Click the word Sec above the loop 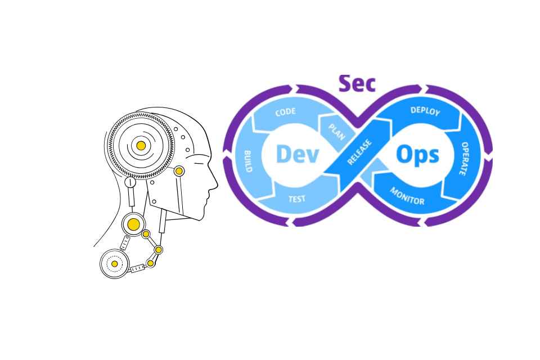pyautogui.click(x=357, y=83)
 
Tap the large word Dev pyautogui.click(x=298, y=154)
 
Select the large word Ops pyautogui.click(x=417, y=154)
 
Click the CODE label pyautogui.click(x=285, y=112)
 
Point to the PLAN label pyautogui.click(x=336, y=130)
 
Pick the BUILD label pyautogui.click(x=247, y=161)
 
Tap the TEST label pyautogui.click(x=297, y=199)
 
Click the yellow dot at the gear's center pyautogui.click(x=141, y=146)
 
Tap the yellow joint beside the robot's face pyautogui.click(x=179, y=171)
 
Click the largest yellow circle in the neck pyautogui.click(x=133, y=225)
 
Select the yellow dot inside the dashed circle pyautogui.click(x=115, y=263)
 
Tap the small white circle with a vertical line pyautogui.click(x=130, y=182)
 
